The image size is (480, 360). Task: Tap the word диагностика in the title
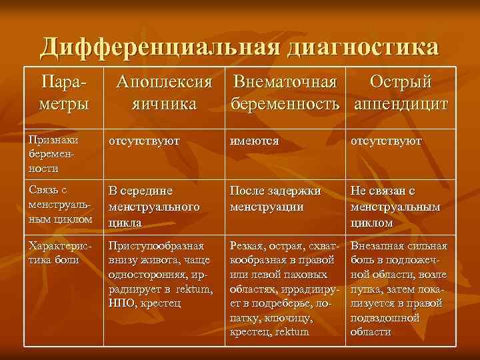coord(363,47)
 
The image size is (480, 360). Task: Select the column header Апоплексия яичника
coord(164,93)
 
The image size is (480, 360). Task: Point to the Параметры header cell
coord(64,93)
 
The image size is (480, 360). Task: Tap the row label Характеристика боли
coord(60,252)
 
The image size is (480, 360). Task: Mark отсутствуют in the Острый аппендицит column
coord(387,141)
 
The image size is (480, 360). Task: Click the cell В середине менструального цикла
coord(154,206)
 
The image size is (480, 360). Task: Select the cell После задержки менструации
coord(275,199)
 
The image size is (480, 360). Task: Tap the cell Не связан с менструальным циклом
coord(395,206)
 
